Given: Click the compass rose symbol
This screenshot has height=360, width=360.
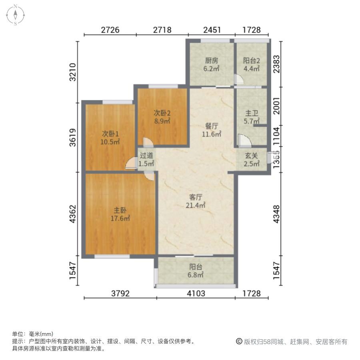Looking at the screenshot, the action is click(15, 15).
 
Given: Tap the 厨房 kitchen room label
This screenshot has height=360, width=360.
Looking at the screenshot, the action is click(212, 61).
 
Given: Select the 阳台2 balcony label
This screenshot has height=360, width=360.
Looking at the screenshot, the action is click(252, 61).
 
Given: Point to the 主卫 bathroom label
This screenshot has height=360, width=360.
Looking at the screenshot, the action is click(252, 113).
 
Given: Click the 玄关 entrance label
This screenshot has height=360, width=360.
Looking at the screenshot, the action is click(252, 156).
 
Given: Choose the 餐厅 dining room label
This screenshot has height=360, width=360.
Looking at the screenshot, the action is click(212, 126).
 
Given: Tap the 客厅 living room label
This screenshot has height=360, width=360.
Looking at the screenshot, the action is click(196, 197).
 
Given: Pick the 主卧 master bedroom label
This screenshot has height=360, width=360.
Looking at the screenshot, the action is click(120, 210).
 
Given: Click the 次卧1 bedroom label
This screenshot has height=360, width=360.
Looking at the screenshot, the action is click(110, 134).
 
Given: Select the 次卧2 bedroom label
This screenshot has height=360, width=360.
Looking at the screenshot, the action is click(162, 113).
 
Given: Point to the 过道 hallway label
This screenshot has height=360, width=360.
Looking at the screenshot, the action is click(146, 156).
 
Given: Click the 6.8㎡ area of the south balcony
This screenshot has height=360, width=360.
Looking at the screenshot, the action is click(196, 275).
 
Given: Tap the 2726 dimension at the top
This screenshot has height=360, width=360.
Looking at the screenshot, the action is click(110, 30).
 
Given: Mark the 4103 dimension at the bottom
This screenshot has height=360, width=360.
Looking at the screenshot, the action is click(196, 294).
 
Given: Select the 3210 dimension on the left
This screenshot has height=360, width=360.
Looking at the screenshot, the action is click(73, 72).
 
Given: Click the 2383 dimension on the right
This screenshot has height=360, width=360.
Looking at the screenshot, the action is click(277, 64).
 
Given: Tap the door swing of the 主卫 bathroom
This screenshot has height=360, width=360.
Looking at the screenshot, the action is click(245, 140).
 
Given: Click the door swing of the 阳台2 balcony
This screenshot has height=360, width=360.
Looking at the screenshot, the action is click(239, 79).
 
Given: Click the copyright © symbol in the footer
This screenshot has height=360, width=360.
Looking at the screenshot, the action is click(239, 342).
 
